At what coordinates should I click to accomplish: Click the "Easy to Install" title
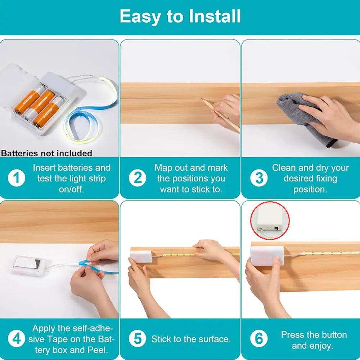[x=180, y=17]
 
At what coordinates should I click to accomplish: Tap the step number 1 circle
[x=17, y=178]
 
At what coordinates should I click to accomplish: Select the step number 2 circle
[x=137, y=178]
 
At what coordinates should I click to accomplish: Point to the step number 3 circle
[x=259, y=178]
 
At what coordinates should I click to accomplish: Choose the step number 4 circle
[x=17, y=338]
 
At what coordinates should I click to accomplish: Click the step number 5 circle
[x=137, y=338]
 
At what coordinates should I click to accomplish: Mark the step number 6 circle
[x=259, y=338]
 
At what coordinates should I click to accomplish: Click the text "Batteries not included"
[x=46, y=153]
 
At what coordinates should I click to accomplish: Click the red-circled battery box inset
[x=270, y=221]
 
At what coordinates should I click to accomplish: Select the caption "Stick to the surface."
[x=191, y=339]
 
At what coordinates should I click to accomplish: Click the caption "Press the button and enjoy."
[x=314, y=340]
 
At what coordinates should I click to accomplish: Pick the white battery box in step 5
[x=141, y=256]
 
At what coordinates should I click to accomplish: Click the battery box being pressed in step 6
[x=267, y=256]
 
